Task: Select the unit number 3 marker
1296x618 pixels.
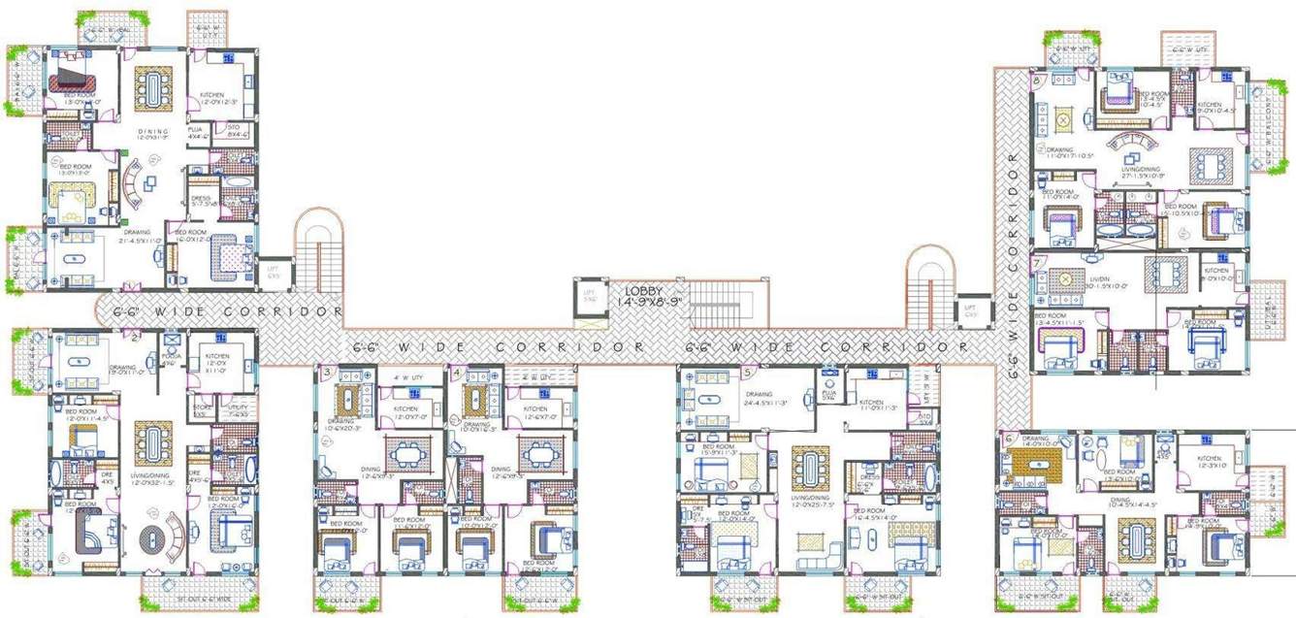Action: click(x=328, y=373)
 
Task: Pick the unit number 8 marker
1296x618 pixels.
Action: click(x=1039, y=81)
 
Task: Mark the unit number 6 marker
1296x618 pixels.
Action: click(x=1010, y=439)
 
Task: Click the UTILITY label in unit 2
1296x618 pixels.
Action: click(x=235, y=410)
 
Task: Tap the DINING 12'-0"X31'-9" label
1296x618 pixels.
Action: click(x=152, y=134)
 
